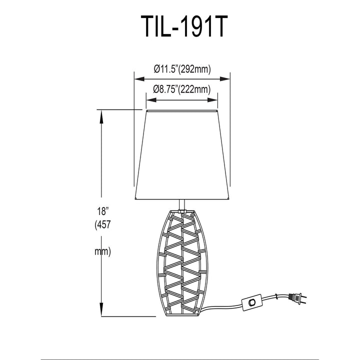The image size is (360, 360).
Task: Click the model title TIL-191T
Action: click(x=184, y=26)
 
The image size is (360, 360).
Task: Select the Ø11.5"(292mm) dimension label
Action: click(x=182, y=69)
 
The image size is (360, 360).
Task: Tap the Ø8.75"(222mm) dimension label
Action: click(x=182, y=89)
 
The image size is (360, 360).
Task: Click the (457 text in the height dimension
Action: click(x=103, y=225)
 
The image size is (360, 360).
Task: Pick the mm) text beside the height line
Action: click(x=103, y=252)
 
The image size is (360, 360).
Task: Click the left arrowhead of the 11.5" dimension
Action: click(x=139, y=79)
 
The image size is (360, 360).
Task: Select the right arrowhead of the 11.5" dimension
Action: click(x=225, y=79)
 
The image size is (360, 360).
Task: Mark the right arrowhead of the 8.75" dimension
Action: click(x=212, y=100)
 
